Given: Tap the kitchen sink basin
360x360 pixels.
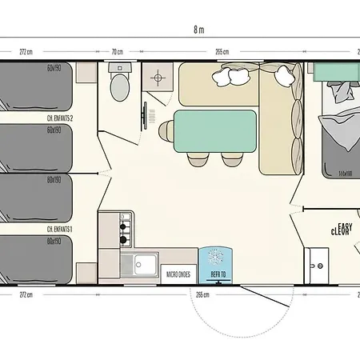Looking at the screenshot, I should (x=146, y=262).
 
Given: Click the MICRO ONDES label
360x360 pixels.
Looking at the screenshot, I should (x=178, y=274).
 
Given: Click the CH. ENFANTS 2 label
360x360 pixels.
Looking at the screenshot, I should (x=60, y=118).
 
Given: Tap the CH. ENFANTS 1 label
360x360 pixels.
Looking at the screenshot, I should (x=60, y=229).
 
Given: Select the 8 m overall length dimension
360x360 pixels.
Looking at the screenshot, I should (x=198, y=30).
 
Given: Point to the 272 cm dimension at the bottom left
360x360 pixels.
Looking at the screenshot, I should (x=26, y=294).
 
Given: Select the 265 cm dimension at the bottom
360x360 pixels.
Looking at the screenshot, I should (x=202, y=294).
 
